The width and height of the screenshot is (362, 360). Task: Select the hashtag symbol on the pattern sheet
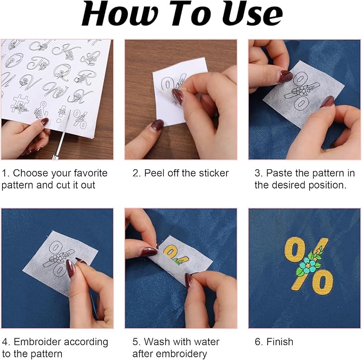click(x=20, y=104)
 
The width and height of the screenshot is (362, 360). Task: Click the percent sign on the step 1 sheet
click(x=80, y=119)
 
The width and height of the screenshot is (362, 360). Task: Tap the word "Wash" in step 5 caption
click(x=157, y=341)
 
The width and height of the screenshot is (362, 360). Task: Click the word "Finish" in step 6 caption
click(x=279, y=341)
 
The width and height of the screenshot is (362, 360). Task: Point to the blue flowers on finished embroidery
click(x=309, y=265)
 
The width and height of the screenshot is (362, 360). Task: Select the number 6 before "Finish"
click(x=258, y=341)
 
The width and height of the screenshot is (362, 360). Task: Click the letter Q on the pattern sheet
click(x=62, y=72)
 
